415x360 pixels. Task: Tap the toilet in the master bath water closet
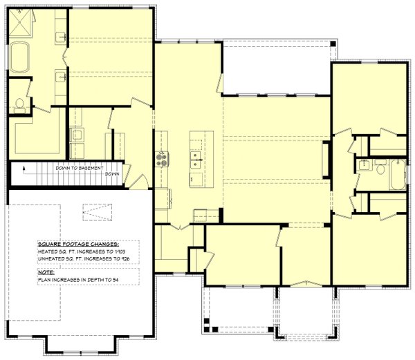[x=19, y=105]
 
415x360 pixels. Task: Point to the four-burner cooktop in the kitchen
[x=163, y=159]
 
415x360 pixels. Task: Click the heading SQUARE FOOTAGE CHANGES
[x=78, y=245]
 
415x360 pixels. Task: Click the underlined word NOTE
[x=46, y=273]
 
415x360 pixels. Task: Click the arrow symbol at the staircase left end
[x=24, y=168]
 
